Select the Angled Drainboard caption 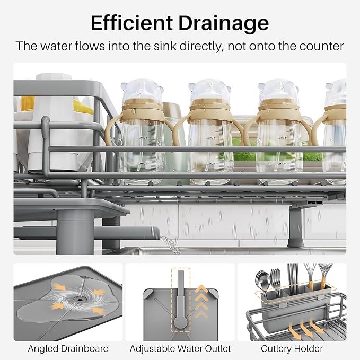pos(68,348)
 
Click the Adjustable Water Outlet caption pos(180,348)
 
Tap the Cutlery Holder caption pos(292,348)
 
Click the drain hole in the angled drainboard pos(80,298)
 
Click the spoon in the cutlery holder pos(262,279)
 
